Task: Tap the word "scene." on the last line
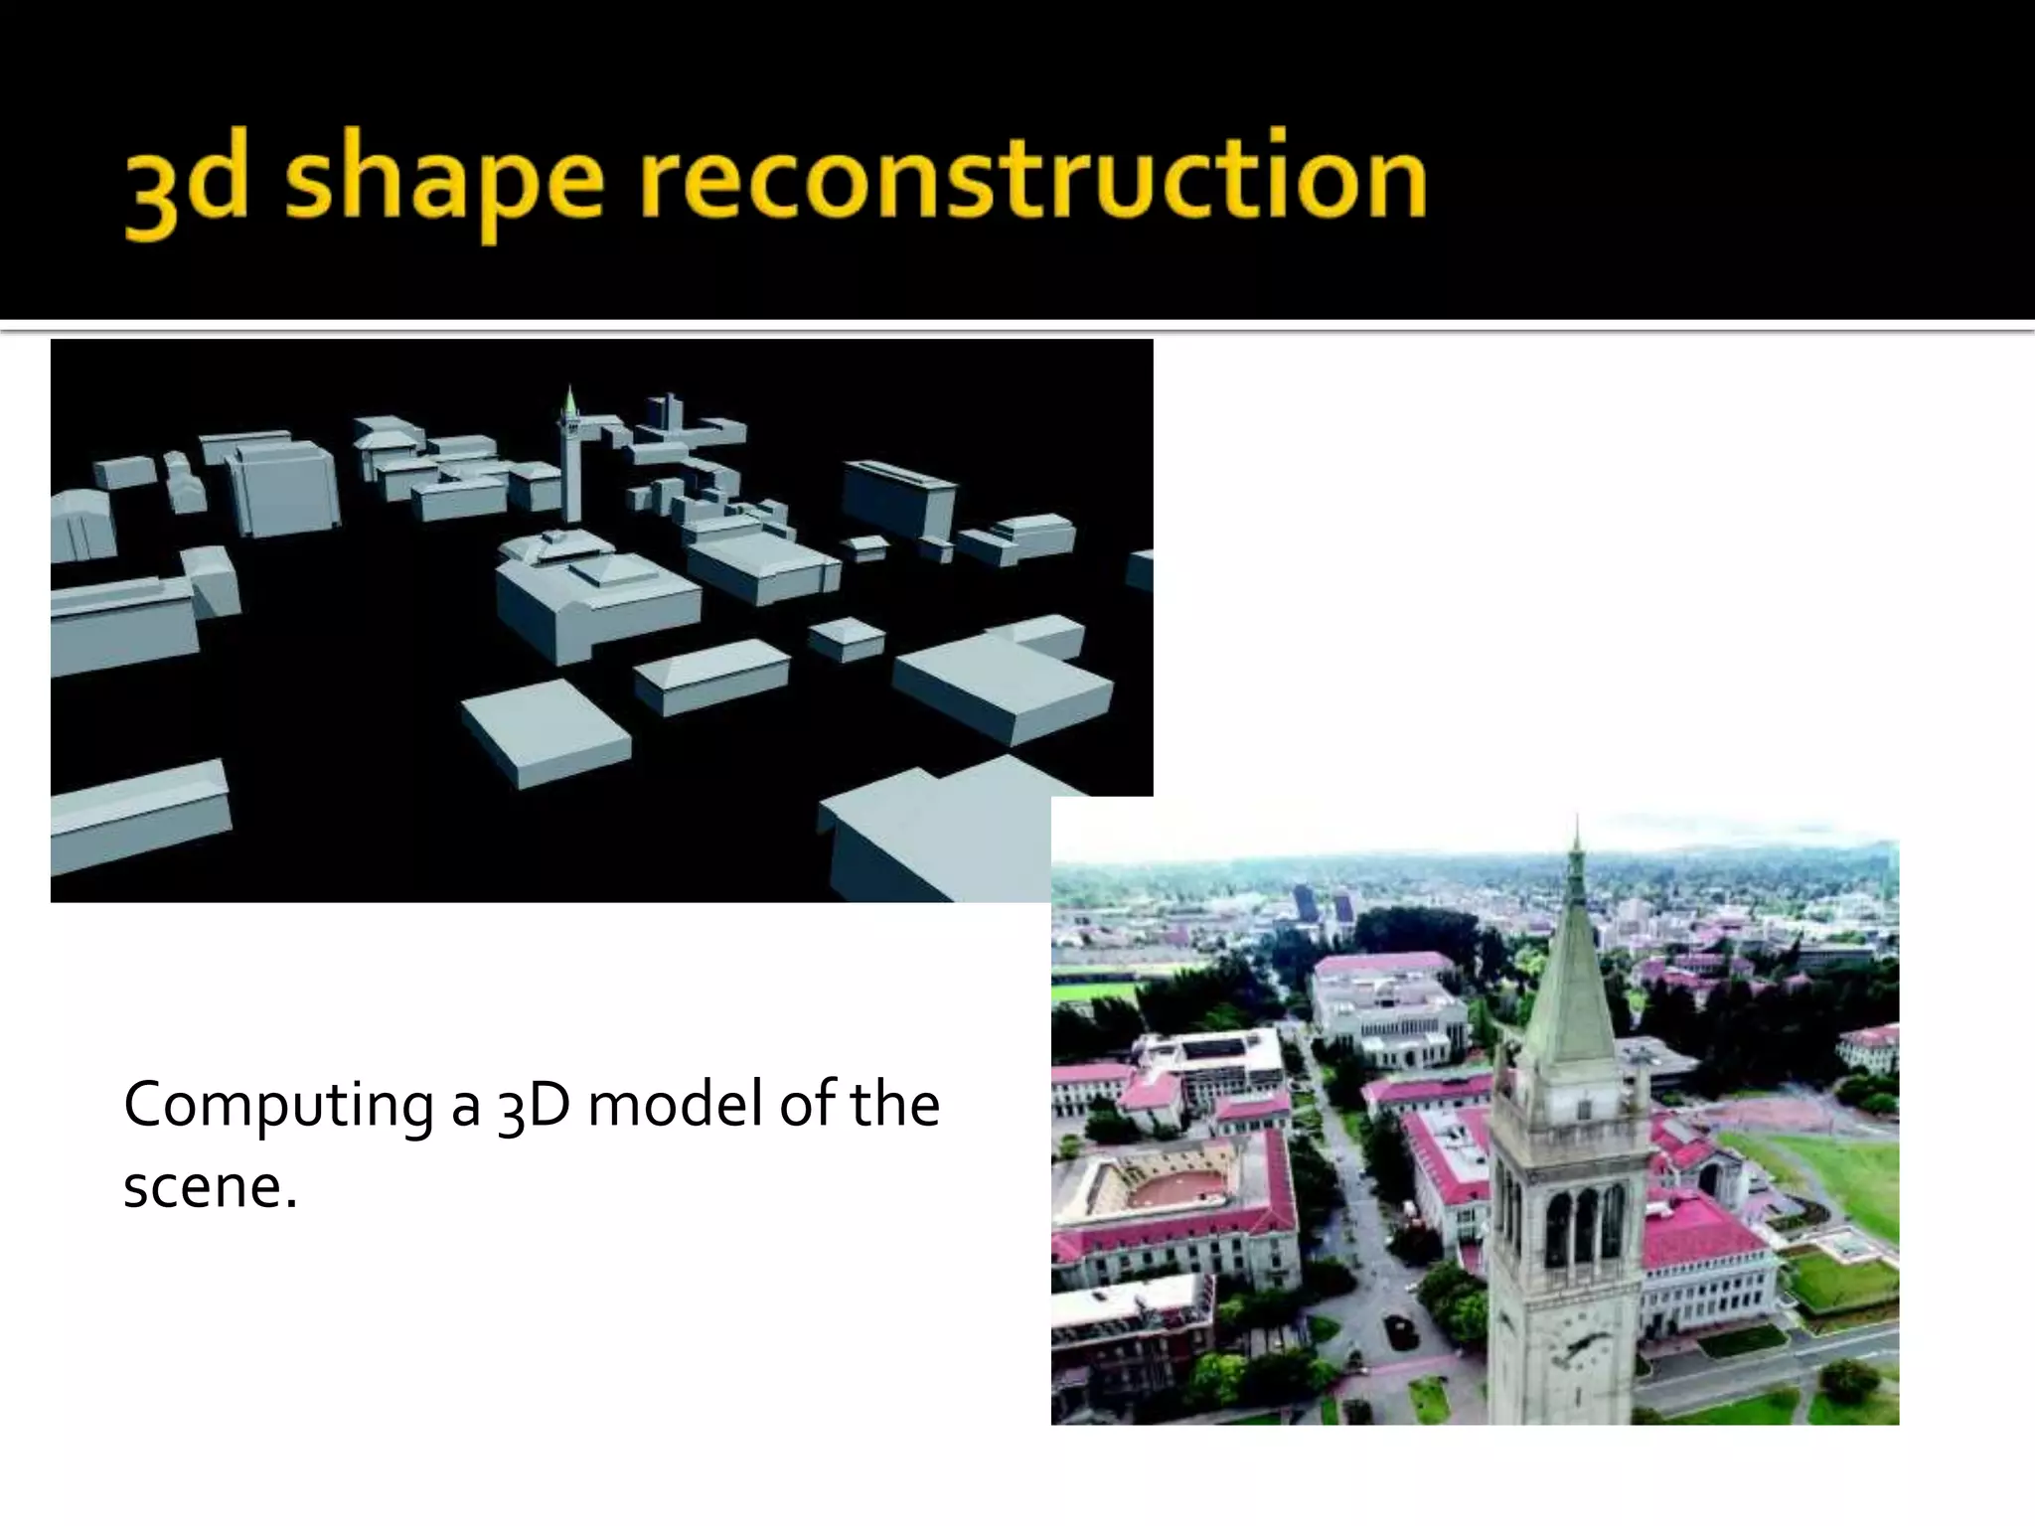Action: [x=210, y=1186]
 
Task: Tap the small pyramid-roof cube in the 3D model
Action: [x=847, y=638]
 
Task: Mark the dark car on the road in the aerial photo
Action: [x=1398, y=1324]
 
